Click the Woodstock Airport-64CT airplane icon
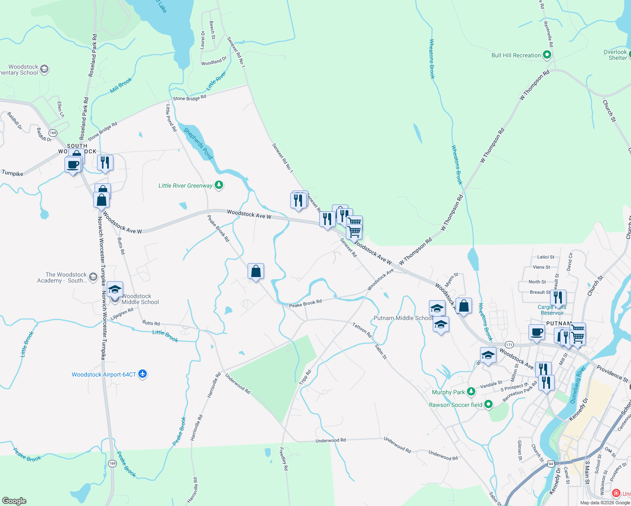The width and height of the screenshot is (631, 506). [143, 374]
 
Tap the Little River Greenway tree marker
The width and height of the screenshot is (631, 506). [218, 185]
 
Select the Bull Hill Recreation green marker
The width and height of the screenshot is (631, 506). [547, 55]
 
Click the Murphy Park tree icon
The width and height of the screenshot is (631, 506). [471, 392]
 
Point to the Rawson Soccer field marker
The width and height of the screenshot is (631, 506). [488, 404]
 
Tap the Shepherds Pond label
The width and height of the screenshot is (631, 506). [198, 143]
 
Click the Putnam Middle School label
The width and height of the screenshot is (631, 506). [403, 318]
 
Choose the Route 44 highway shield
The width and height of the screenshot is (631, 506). [550, 464]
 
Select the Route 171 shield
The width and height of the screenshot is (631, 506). [509, 345]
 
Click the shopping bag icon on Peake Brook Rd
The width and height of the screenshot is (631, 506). [256, 271]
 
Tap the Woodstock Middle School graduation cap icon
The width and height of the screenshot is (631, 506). [115, 290]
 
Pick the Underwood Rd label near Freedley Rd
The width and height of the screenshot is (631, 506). [331, 440]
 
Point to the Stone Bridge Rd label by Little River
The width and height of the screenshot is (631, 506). [189, 98]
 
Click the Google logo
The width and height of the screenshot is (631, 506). [14, 501]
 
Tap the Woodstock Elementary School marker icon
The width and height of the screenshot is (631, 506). [44, 69]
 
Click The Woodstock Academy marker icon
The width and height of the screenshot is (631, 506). [93, 277]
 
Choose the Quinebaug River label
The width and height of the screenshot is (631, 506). [578, 385]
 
